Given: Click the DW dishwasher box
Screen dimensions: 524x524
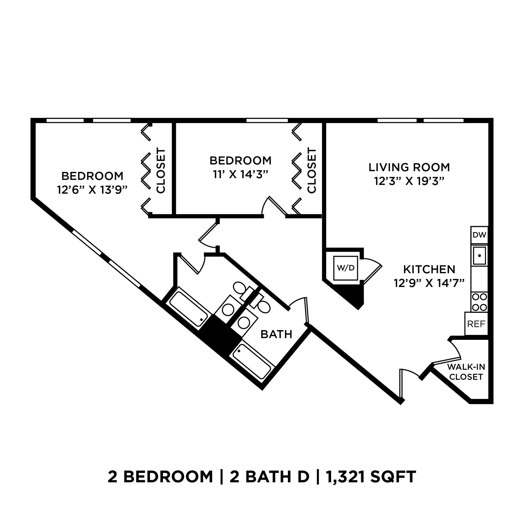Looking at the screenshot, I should [479, 235].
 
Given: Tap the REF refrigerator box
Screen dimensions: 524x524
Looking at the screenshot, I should [476, 324].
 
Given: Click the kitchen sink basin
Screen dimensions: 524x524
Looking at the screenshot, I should [479, 256].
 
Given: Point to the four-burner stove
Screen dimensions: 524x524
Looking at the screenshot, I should [479, 302].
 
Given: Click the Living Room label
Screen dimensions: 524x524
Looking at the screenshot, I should [409, 167].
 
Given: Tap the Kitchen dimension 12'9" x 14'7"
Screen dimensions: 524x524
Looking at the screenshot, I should [429, 283].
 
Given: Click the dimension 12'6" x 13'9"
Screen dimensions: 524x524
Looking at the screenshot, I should [92, 190].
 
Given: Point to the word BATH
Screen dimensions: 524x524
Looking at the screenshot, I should [276, 334].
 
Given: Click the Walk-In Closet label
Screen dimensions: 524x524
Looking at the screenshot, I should [466, 372].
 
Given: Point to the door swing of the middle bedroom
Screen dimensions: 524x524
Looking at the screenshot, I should [274, 208].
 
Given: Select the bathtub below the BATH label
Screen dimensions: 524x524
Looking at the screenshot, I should [252, 361].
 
